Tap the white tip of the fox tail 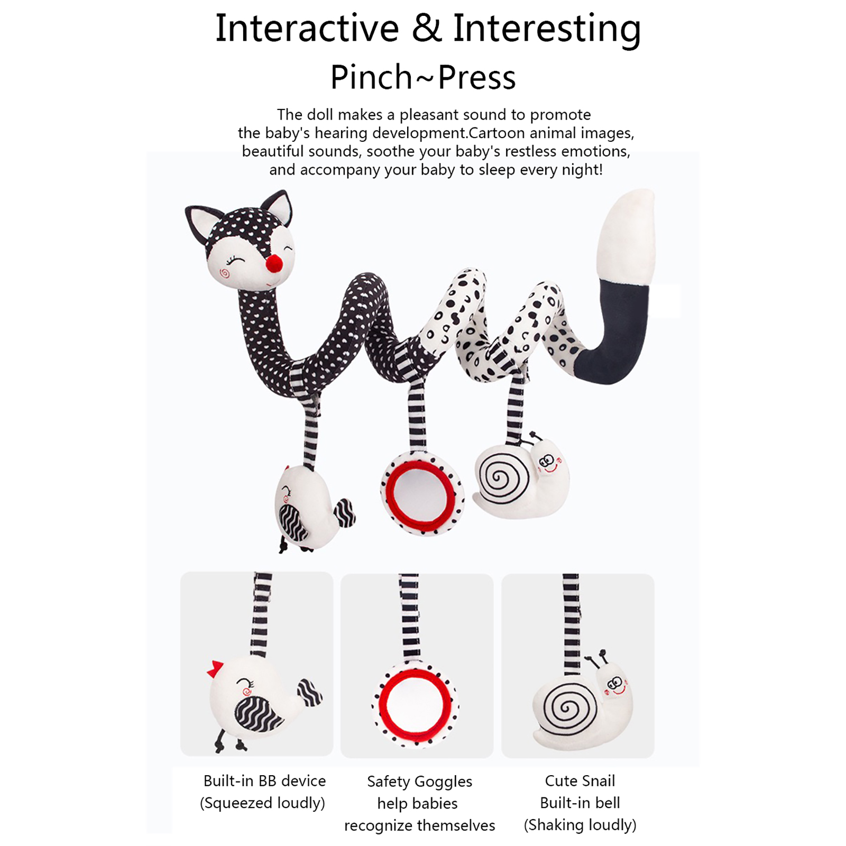pos(628,235)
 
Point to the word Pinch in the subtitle pos(371,77)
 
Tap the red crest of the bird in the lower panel pos(215,669)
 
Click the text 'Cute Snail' pos(580,781)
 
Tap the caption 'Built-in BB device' pos(264,781)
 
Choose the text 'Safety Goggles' pos(420,782)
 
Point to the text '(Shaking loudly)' pos(580,825)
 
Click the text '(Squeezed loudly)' pos(262,803)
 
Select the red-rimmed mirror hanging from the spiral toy pos(421,494)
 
